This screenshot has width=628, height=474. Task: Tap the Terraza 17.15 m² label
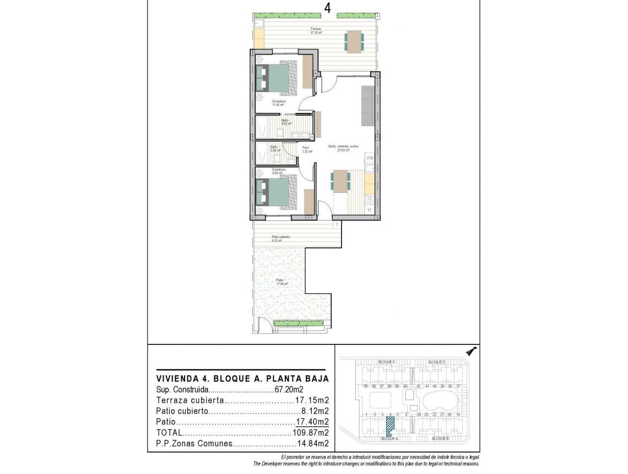pyautogui.click(x=316, y=31)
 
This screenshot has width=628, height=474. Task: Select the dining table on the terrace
pyautogui.click(x=354, y=42)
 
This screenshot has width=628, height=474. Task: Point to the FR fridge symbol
pyautogui.click(x=370, y=159)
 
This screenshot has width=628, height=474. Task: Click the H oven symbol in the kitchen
pyautogui.click(x=369, y=209)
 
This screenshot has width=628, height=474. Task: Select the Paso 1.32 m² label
pyautogui.click(x=307, y=149)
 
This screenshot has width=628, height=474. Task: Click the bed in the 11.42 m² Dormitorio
pyautogui.click(x=278, y=79)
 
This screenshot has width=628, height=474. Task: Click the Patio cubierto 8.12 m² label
pyautogui.click(x=280, y=238)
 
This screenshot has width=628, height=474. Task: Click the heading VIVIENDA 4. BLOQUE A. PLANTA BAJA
pyautogui.click(x=242, y=379)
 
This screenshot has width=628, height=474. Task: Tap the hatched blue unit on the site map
pyautogui.click(x=390, y=425)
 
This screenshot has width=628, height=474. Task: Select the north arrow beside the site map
pyautogui.click(x=470, y=351)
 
